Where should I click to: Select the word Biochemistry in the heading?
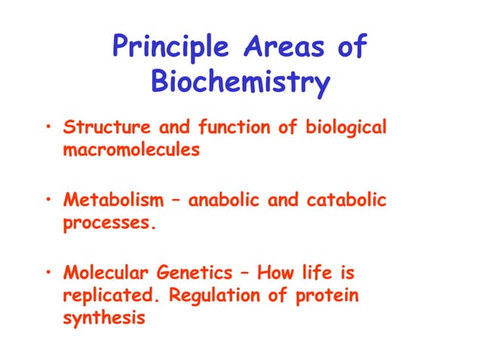pos(240,81)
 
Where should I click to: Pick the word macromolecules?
pos(131,149)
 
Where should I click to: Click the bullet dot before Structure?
pos(48,128)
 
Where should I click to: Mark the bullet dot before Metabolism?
pos(48,201)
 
